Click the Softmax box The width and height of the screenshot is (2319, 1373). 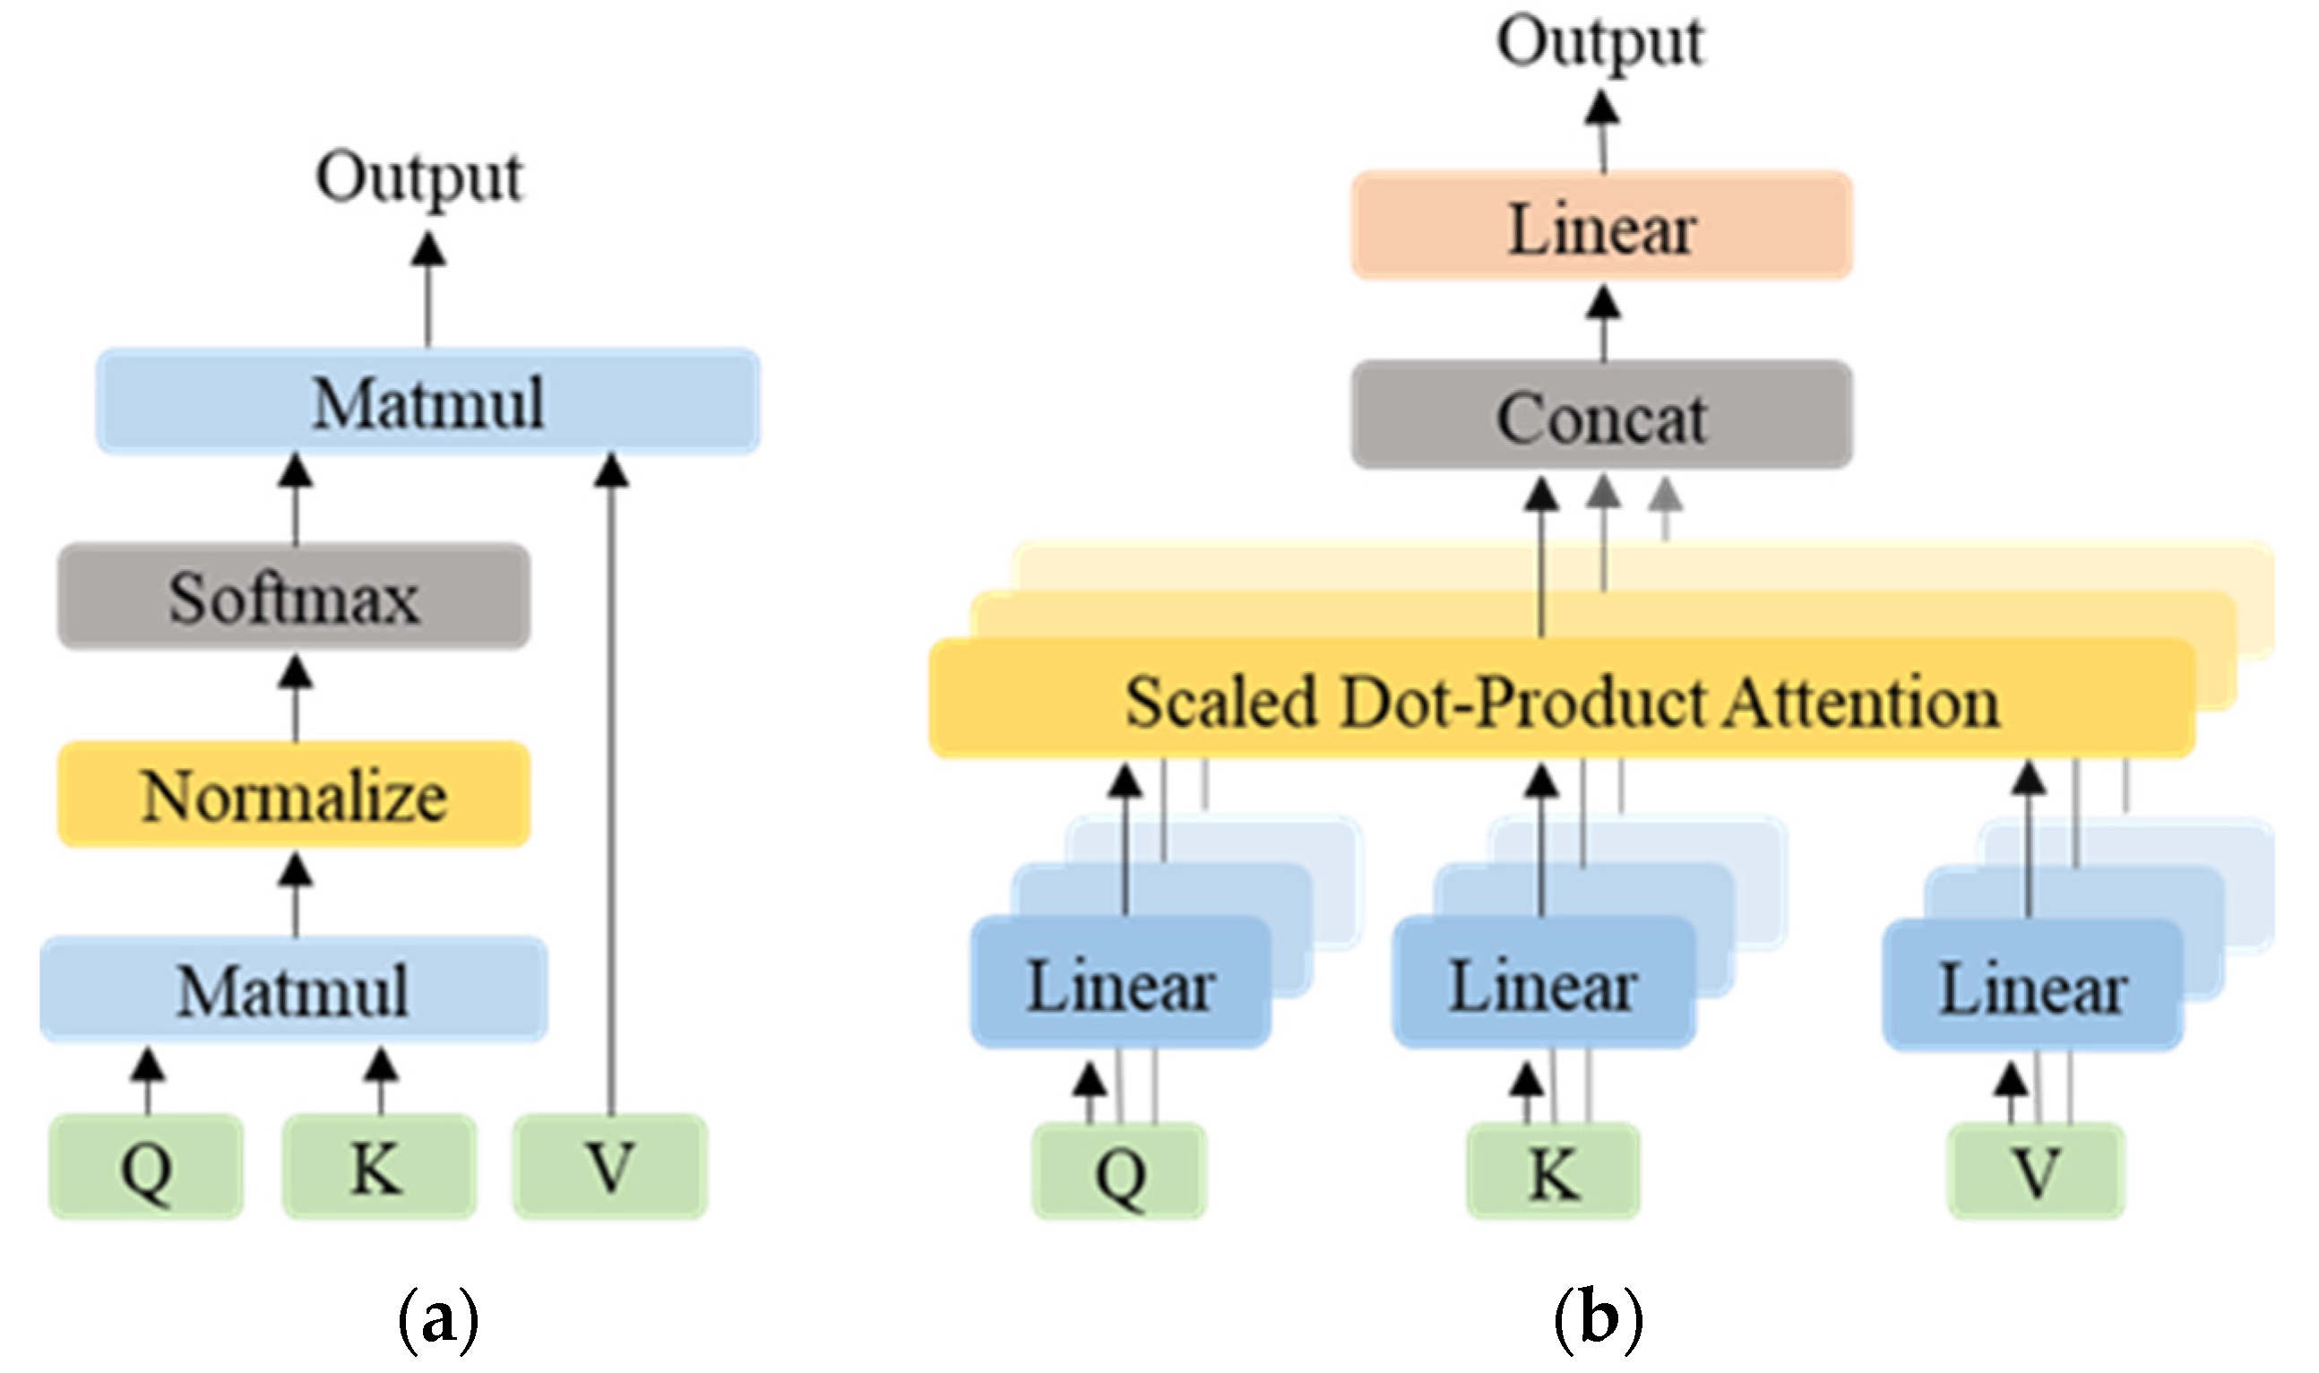[294, 597]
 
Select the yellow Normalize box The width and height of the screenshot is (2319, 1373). [294, 795]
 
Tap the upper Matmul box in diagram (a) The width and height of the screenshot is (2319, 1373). [428, 402]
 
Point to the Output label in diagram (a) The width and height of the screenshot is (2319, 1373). [421, 177]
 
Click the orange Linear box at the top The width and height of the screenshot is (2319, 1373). [1602, 227]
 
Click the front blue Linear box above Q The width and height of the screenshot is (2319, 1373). [1121, 984]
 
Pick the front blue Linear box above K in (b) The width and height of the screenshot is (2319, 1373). [1543, 984]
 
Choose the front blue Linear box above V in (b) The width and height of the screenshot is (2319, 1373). [2033, 986]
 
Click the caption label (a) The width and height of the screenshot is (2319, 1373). [437, 1319]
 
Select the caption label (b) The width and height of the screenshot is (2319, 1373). [1598, 1319]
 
